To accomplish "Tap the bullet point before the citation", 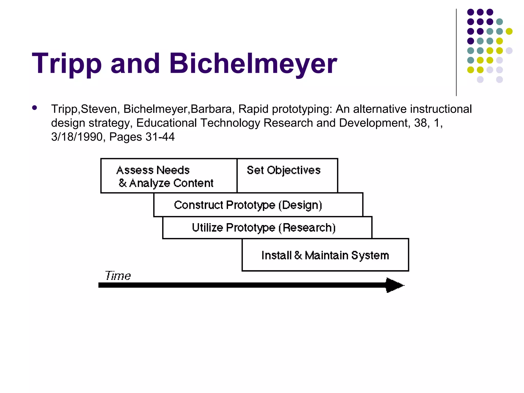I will (35, 108).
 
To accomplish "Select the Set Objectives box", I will (287, 176).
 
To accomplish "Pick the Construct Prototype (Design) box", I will (258, 205).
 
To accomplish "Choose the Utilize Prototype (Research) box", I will (267, 228).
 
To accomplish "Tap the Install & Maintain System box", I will (325, 255).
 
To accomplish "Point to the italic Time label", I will (118, 276).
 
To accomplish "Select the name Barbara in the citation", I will (211, 109).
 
